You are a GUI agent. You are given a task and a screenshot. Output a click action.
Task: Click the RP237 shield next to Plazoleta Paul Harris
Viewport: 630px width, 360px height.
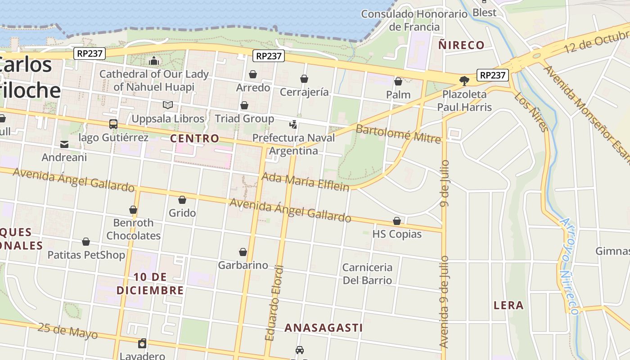(x=493, y=75)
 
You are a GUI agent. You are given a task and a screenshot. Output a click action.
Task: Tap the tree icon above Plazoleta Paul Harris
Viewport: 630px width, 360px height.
(x=464, y=81)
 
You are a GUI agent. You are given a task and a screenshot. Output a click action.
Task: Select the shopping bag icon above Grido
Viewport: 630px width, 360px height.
(x=182, y=200)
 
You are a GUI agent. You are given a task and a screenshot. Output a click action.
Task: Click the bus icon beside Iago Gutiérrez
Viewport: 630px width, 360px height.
(x=113, y=124)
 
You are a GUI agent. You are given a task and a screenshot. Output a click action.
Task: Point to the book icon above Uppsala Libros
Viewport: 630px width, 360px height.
(x=168, y=105)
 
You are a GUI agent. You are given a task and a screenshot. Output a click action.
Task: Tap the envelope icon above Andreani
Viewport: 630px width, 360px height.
(x=64, y=144)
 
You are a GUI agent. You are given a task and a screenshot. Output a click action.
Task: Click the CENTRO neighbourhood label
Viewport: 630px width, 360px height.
(x=194, y=139)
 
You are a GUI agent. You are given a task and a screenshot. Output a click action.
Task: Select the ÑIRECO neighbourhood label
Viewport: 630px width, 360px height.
(x=461, y=45)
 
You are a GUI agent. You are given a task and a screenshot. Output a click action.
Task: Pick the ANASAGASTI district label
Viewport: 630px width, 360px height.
(x=323, y=328)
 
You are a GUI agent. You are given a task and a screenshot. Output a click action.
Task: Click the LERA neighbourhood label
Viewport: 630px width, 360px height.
(x=508, y=306)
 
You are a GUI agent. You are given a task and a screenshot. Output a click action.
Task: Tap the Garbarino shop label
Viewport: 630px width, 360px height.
(x=243, y=265)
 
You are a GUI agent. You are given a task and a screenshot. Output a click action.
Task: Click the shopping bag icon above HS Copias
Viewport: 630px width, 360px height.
(x=397, y=221)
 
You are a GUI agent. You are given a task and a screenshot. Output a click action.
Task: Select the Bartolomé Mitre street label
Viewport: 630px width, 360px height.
(x=398, y=134)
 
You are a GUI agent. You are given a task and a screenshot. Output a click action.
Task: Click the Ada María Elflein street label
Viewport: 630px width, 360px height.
(x=305, y=181)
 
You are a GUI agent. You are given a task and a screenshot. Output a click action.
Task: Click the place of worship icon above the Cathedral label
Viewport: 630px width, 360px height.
(x=154, y=61)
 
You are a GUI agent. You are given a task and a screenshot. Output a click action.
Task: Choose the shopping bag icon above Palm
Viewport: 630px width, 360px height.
(x=398, y=81)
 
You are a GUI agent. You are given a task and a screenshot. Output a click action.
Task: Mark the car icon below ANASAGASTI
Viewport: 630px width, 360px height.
(x=300, y=350)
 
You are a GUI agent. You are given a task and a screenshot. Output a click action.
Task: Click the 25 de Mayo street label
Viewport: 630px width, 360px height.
(x=67, y=331)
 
